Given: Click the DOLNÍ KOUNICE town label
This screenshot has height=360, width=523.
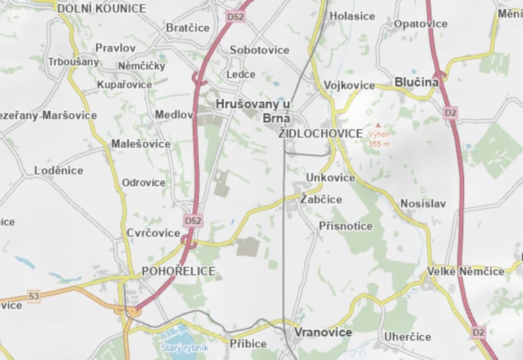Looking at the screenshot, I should (102, 8).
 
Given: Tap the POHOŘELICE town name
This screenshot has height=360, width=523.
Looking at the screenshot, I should (179, 271).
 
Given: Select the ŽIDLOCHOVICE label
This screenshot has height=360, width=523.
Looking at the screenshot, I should (321, 133).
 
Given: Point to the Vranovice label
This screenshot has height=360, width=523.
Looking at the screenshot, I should (323, 332).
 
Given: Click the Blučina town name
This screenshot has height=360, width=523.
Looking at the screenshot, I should (416, 82).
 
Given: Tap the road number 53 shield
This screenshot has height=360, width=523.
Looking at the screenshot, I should (34, 296).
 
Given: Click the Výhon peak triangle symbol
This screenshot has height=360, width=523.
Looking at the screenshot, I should (378, 125).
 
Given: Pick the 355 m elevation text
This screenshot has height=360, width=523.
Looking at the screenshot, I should (379, 144).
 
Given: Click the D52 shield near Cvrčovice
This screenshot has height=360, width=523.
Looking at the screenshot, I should (193, 220).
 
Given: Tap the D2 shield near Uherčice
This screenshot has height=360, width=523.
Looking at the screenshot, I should (479, 333).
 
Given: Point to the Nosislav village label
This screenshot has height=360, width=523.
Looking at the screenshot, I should (423, 203).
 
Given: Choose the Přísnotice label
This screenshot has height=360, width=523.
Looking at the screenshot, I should (346, 226).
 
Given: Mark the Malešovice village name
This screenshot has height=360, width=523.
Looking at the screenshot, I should (141, 144).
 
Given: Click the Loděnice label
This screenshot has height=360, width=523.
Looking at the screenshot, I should (59, 171).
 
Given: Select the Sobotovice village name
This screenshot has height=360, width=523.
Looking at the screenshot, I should (259, 50).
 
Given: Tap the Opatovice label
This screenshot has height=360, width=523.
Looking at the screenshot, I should (421, 24).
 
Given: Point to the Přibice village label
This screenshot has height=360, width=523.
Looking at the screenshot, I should (248, 344).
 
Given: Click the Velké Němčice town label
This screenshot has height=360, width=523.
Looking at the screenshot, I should (466, 271).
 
